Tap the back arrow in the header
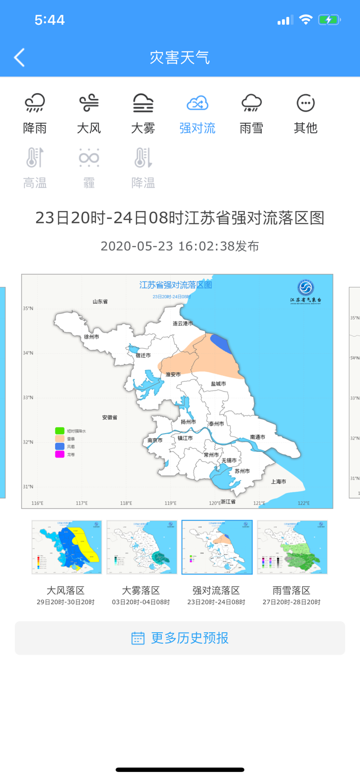coord(19,57)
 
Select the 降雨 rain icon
coord(35,103)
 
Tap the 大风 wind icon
coord(89,103)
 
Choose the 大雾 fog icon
coord(143,103)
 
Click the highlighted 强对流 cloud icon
coord(197,103)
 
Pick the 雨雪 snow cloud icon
coord(251,103)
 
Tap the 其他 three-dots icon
coord(305,103)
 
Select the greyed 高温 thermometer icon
coord(35,157)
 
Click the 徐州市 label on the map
coord(92,336)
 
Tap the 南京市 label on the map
coord(155,440)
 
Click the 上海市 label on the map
coord(278,481)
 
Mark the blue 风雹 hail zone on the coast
coord(220,343)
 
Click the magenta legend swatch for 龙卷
coord(59,454)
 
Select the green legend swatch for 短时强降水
coord(59,430)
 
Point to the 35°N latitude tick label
coord(27,308)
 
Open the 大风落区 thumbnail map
coord(67,547)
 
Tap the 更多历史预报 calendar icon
coord(138,638)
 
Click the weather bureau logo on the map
coord(305,287)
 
